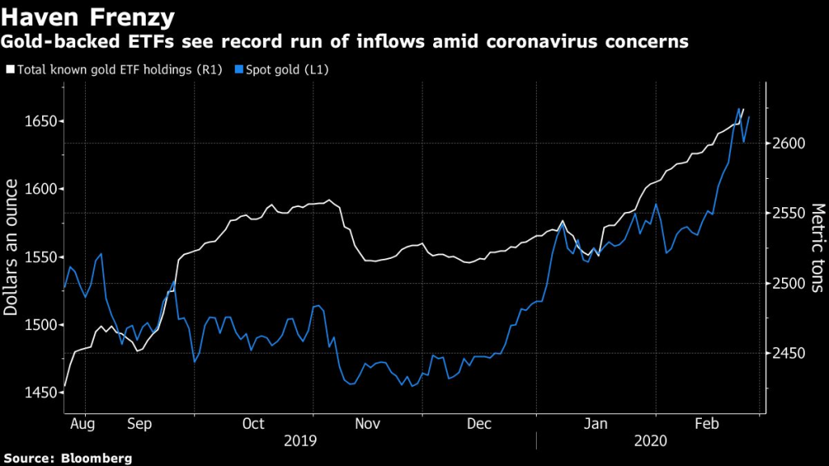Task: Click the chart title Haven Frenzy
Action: [x=88, y=15]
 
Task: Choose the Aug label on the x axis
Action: [x=83, y=423]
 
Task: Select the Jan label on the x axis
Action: [x=596, y=423]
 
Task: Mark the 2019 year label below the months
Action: [x=300, y=441]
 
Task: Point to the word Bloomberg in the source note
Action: [x=96, y=459]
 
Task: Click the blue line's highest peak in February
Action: [x=740, y=108]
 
